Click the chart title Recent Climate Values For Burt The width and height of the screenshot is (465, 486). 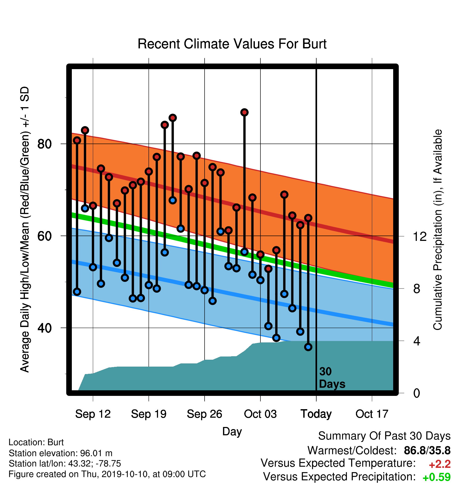click(x=232, y=44)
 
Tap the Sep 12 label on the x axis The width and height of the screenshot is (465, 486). click(x=93, y=414)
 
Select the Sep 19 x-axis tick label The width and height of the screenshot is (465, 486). click(x=149, y=414)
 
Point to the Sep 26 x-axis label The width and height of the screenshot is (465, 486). click(x=205, y=414)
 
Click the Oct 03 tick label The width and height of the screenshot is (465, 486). click(x=260, y=414)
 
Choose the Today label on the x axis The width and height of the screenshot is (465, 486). click(x=316, y=414)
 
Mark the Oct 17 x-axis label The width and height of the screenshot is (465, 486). click(x=372, y=414)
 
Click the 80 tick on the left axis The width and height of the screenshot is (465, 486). click(x=44, y=144)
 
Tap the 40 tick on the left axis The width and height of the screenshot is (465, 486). click(x=44, y=328)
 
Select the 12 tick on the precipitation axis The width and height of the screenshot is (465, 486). click(x=420, y=236)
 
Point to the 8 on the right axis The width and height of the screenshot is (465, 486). click(x=417, y=288)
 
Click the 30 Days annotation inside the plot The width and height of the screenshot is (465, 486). click(x=332, y=378)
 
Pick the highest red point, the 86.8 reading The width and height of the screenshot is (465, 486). click(x=244, y=112)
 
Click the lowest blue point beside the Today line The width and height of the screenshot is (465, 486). click(x=308, y=347)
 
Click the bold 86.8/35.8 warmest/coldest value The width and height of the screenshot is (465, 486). click(x=427, y=450)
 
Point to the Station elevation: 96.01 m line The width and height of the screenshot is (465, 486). click(x=61, y=453)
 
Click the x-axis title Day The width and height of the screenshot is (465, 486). click(x=232, y=432)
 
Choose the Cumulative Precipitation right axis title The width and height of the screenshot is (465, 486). click(x=438, y=230)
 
